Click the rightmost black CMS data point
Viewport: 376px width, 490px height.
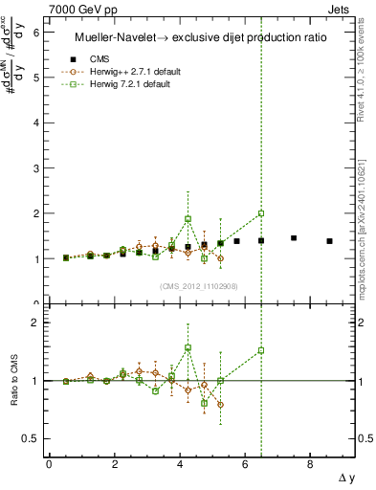330,241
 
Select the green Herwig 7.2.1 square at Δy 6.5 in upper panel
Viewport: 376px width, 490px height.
261,213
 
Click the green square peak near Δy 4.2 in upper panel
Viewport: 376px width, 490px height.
188,218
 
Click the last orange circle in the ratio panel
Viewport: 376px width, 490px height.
221,404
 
